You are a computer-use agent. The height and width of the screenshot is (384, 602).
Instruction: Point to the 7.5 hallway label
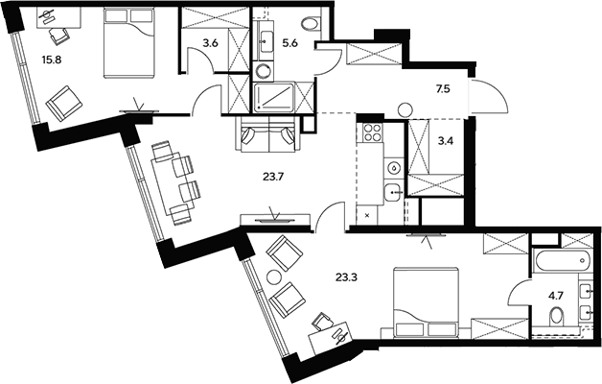(x=443, y=88)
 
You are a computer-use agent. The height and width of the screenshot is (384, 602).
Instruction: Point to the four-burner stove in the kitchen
(x=371, y=133)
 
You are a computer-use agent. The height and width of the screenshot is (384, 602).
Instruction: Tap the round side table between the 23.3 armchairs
(x=273, y=277)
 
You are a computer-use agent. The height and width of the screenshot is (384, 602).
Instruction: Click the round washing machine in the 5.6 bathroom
(x=264, y=70)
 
